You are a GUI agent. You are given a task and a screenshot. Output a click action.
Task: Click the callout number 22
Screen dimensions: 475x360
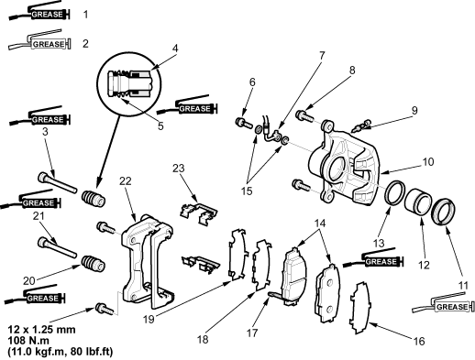point(126,181)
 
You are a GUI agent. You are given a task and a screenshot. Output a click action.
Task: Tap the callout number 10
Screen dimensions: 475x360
point(428,162)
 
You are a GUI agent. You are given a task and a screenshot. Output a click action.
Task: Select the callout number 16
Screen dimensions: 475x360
point(419,341)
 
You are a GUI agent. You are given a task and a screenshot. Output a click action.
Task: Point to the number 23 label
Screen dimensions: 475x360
point(179,168)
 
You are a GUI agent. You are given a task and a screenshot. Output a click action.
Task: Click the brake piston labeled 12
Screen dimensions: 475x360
point(418,202)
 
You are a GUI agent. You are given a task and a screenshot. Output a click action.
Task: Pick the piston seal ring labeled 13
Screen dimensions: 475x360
point(395,192)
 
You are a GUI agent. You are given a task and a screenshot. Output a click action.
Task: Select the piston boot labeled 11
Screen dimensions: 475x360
point(443,212)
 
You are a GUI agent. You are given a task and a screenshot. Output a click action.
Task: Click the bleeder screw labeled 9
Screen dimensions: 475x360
point(361,125)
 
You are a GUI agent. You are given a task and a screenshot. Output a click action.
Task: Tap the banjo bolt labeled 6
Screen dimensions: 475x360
point(244,123)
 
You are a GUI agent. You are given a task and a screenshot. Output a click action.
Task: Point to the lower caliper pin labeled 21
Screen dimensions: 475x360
point(57,247)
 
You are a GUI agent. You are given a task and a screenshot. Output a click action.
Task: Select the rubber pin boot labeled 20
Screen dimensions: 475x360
point(94,264)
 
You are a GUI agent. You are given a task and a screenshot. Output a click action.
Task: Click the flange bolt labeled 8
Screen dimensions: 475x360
point(304,116)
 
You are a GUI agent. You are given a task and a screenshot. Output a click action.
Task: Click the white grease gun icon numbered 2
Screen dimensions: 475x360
point(39,40)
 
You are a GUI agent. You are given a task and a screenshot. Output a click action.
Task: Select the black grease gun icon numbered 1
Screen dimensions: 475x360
point(39,11)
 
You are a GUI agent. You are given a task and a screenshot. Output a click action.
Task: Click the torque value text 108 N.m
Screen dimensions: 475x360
point(28,341)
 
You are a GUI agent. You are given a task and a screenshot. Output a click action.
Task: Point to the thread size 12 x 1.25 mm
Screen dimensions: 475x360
point(41,330)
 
